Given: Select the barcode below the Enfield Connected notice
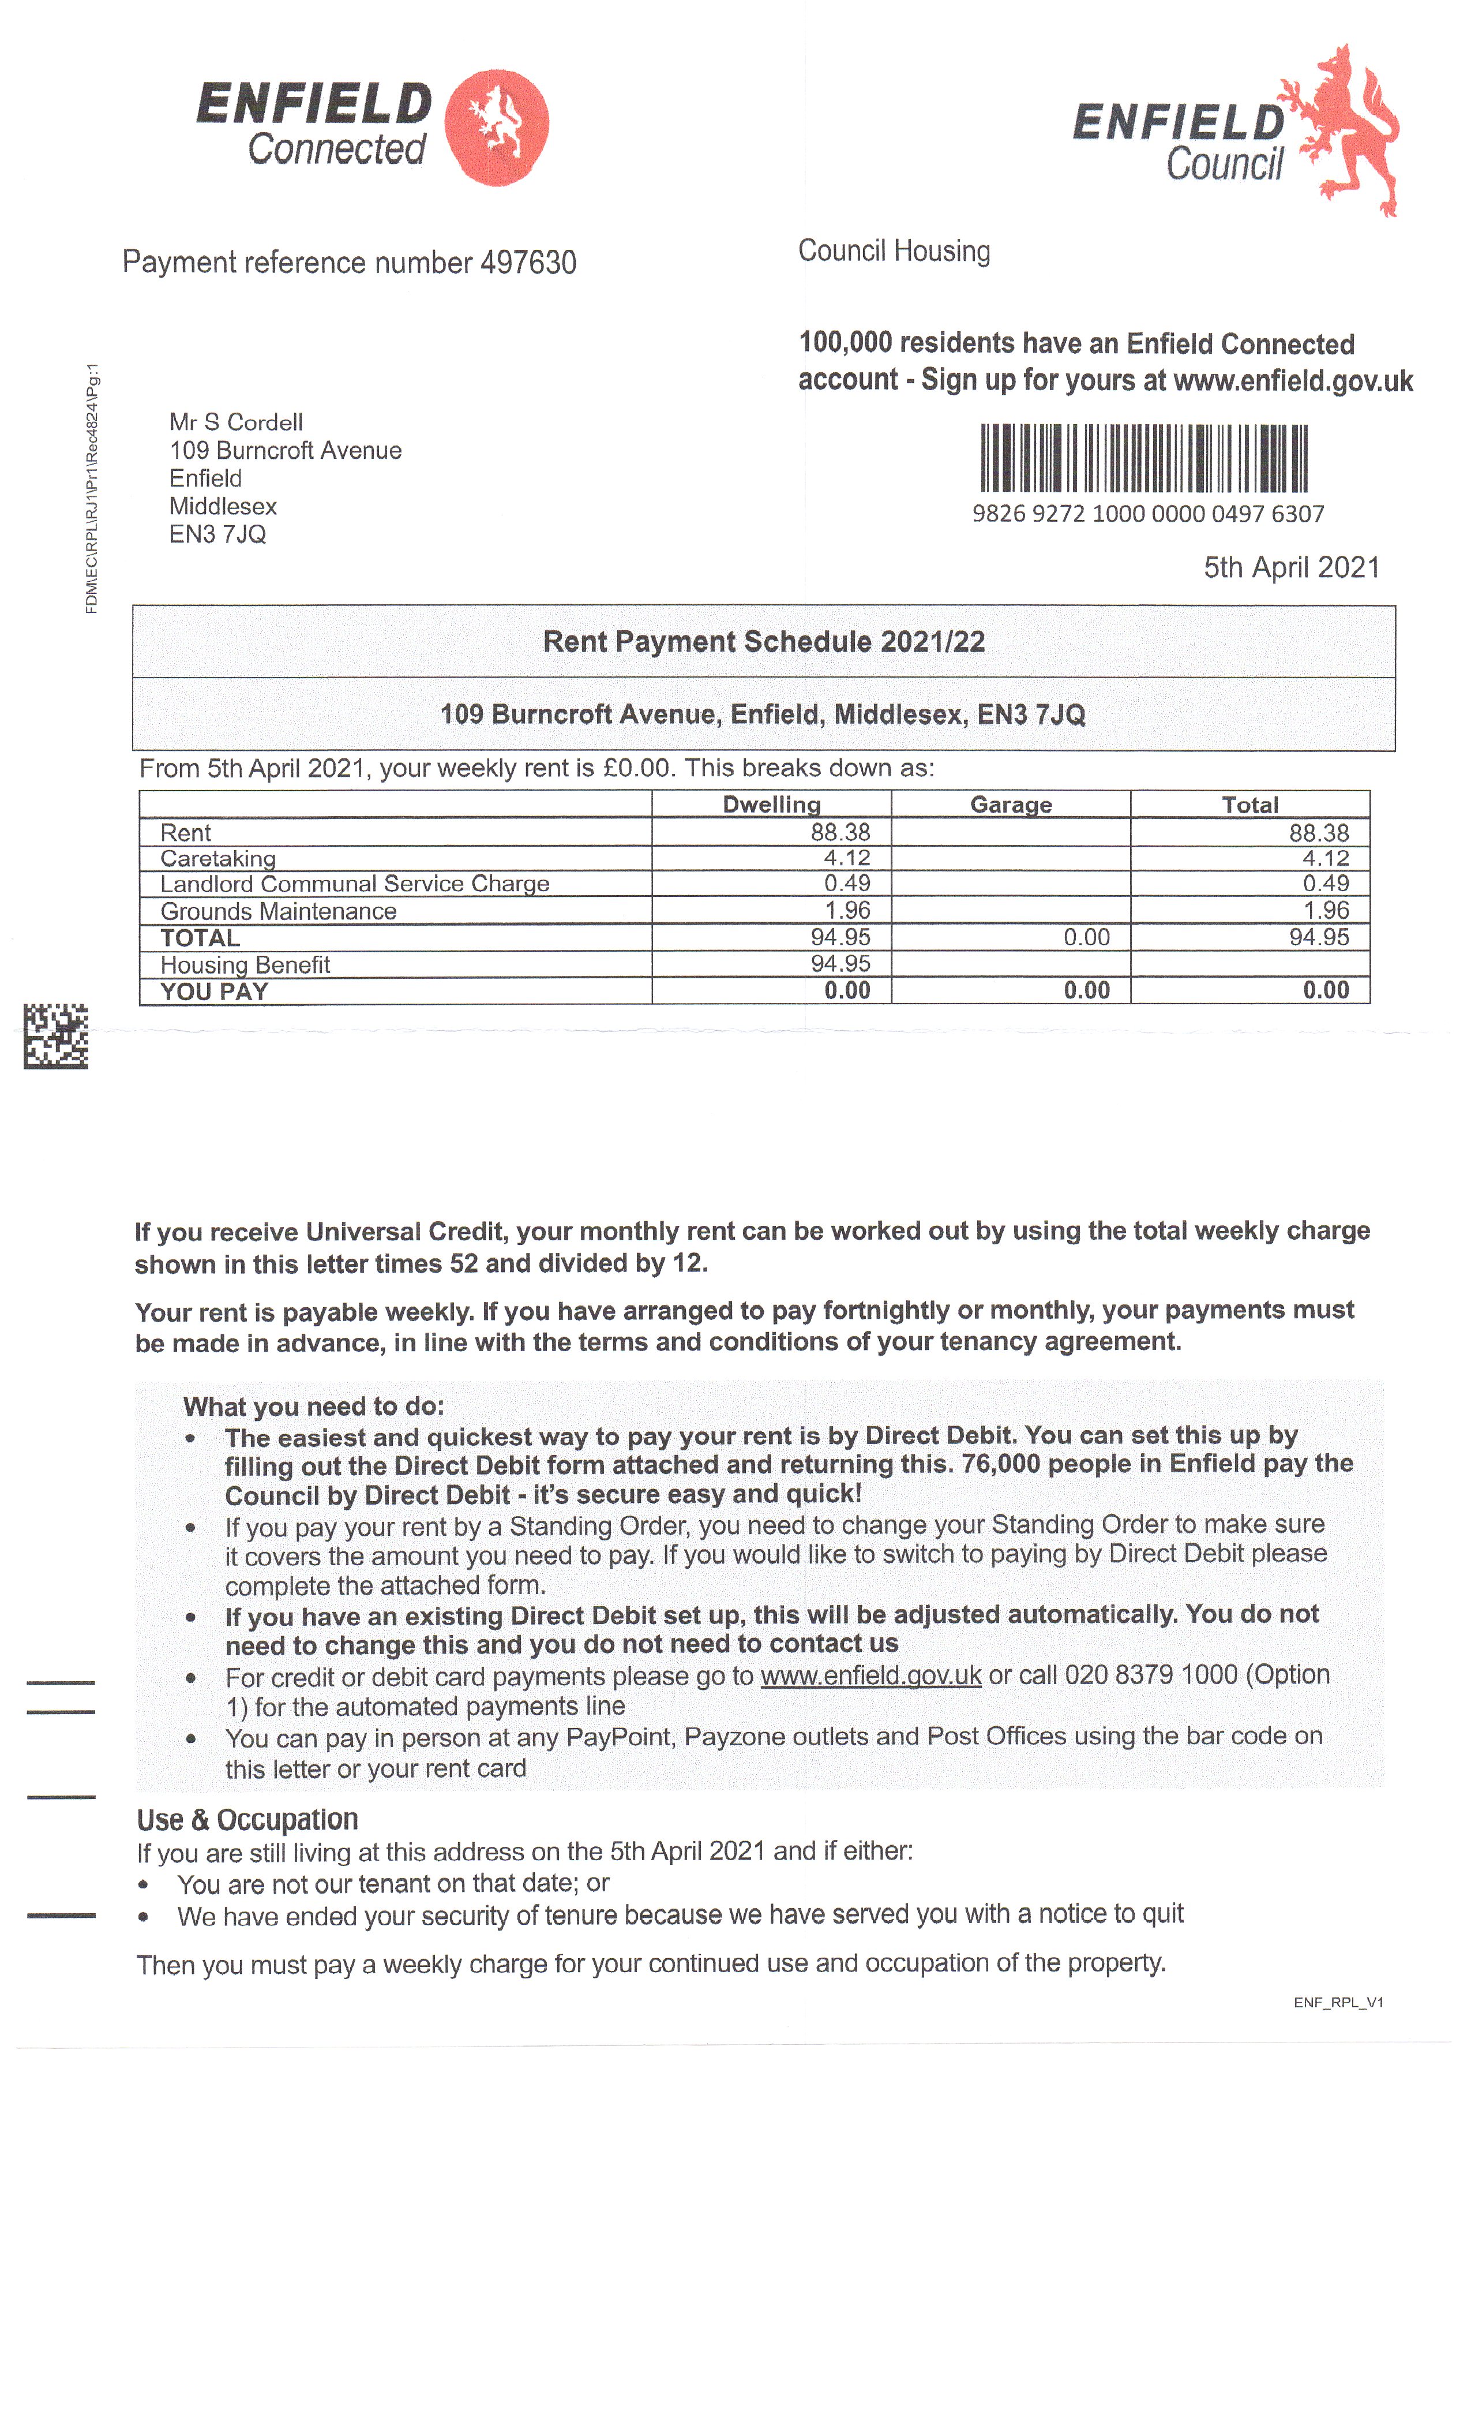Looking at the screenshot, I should (x=1143, y=458).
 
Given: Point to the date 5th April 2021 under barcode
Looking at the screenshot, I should (x=1291, y=568).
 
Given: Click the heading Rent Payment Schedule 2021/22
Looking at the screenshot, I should (x=763, y=641).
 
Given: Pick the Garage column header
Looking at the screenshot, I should (x=1010, y=805).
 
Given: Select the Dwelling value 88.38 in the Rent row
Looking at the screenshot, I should (x=840, y=832).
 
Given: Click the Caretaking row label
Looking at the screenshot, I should (x=218, y=858).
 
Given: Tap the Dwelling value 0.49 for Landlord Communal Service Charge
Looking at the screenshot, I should (x=847, y=884).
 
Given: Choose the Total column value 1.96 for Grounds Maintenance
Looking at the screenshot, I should (x=1326, y=910).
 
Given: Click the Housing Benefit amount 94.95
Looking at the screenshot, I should (x=840, y=964).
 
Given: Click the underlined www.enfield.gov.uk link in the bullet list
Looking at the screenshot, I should (x=870, y=1675).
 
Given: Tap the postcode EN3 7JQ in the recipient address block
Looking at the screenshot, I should (x=217, y=534).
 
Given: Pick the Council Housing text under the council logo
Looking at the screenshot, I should (x=893, y=251).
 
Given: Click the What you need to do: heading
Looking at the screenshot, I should (x=314, y=1406).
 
